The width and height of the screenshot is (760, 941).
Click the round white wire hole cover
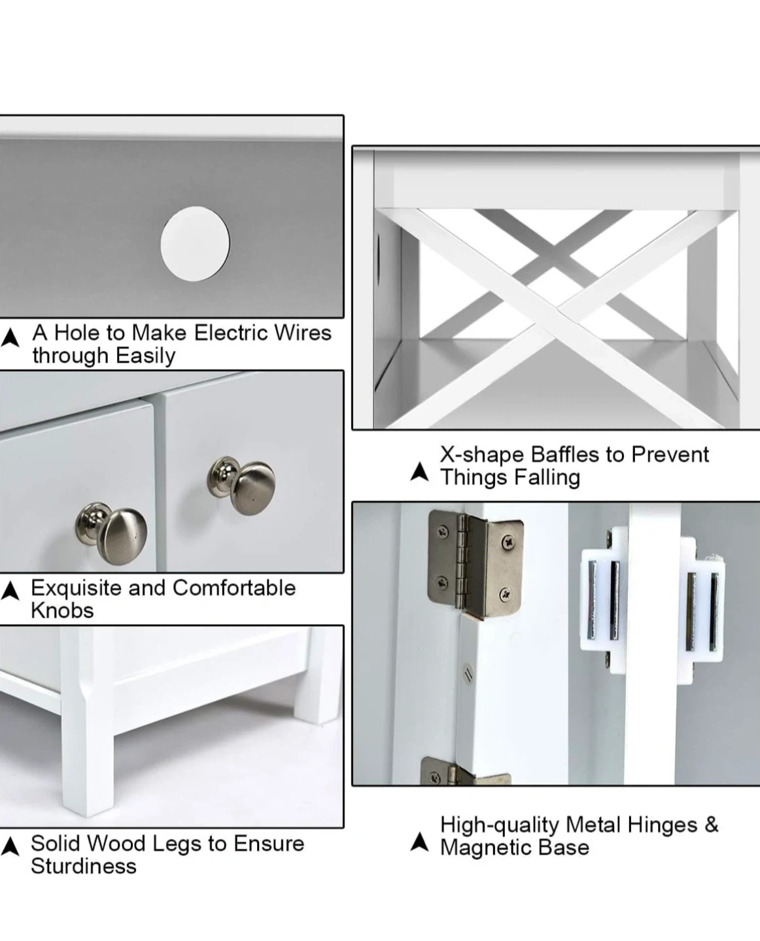click(195, 244)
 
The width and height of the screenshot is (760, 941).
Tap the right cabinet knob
click(241, 486)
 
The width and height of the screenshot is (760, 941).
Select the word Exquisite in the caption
click(77, 589)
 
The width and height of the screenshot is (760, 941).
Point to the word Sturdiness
click(84, 867)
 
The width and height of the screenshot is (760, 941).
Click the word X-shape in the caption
click(482, 455)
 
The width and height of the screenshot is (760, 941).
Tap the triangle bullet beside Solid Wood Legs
click(10, 846)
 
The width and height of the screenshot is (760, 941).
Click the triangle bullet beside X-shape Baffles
click(419, 472)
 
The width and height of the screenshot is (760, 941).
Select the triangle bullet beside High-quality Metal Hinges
click(419, 842)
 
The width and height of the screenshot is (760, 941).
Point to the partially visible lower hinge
click(465, 772)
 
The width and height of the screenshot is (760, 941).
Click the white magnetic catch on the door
click(652, 605)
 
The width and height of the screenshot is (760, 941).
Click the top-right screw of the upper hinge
click(509, 542)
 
